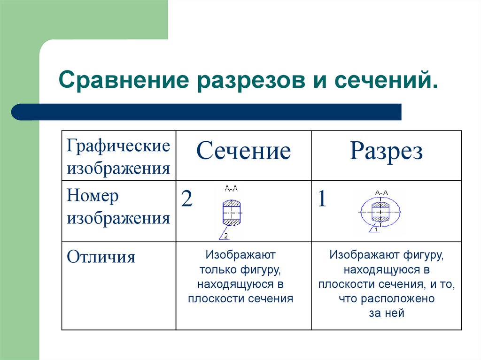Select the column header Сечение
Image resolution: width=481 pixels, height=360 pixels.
click(x=243, y=152)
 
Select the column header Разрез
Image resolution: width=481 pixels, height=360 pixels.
click(x=386, y=152)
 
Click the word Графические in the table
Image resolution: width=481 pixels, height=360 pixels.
click(x=118, y=146)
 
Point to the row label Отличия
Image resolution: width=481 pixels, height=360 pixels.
click(x=101, y=257)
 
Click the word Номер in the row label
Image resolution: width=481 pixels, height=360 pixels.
click(x=93, y=196)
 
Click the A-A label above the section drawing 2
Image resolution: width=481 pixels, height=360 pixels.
click(x=231, y=189)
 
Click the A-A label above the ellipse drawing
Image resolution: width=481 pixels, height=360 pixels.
click(x=381, y=192)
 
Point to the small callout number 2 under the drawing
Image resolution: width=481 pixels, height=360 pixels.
click(x=226, y=236)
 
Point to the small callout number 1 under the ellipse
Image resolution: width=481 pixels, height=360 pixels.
click(x=375, y=230)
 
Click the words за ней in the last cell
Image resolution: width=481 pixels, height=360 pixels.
click(x=386, y=314)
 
